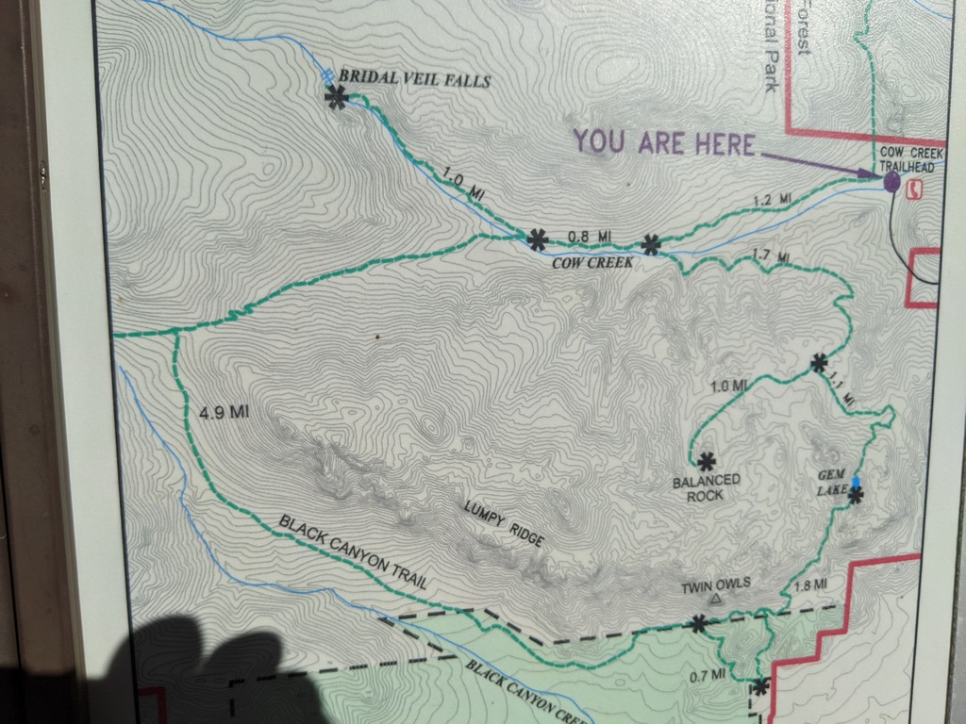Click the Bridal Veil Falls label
pos(414,79)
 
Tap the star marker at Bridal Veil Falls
pos(336,96)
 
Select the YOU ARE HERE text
pos(664,143)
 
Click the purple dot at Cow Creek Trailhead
pos(891,181)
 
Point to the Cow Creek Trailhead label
pos(907,159)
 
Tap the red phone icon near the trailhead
pos(912,189)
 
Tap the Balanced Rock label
pos(706,487)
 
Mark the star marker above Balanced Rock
pos(706,461)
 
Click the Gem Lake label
pos(832,483)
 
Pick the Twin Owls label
pos(716,584)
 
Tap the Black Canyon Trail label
pos(354,552)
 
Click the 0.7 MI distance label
pos(708,674)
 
